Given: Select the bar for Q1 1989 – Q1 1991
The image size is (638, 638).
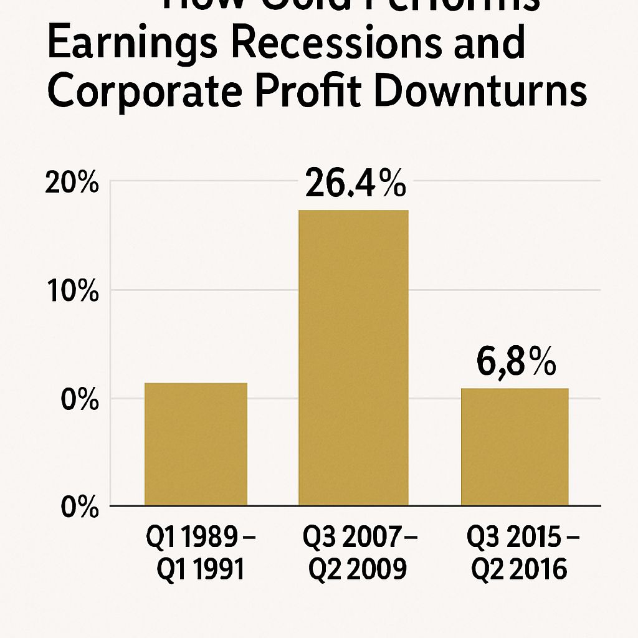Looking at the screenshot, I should (x=196, y=444).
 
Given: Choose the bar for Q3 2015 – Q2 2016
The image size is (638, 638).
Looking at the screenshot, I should (x=514, y=446).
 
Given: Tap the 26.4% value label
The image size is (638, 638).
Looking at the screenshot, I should (x=355, y=184).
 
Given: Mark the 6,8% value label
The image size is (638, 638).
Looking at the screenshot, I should (x=516, y=364).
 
